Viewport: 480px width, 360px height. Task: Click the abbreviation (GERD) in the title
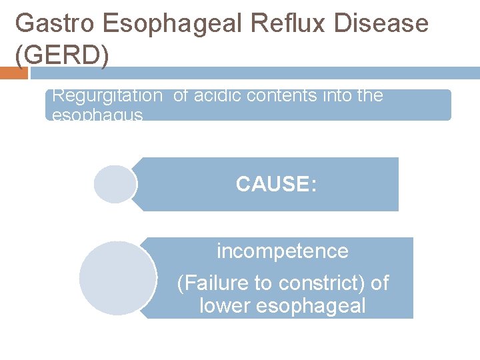(x=61, y=56)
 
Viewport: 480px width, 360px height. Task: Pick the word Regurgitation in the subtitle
(x=107, y=96)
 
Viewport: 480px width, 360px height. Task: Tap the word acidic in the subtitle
(x=215, y=96)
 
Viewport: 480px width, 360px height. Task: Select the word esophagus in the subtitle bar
(x=97, y=115)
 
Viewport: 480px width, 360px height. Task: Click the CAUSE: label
(x=276, y=184)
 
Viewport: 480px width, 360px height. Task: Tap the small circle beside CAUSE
(x=115, y=184)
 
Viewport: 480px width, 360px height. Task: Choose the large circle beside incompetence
(x=117, y=278)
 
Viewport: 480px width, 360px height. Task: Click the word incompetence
(x=282, y=251)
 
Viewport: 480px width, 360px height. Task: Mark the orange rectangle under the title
(x=13, y=73)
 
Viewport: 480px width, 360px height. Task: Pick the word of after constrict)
(x=379, y=283)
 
